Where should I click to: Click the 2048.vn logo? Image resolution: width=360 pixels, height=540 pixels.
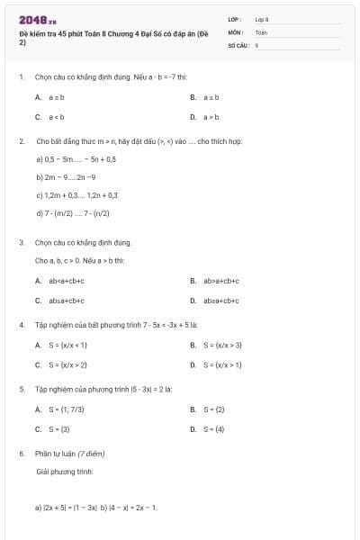pos(38,20)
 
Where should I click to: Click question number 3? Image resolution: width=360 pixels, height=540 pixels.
pos(22,242)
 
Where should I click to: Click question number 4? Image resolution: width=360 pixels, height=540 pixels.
pos(22,324)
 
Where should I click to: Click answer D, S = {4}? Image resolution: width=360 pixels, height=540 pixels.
pos(211,429)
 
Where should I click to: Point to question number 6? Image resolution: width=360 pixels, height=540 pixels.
pos(22,454)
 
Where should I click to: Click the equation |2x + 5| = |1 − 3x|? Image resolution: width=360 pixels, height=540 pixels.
pos(70,508)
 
